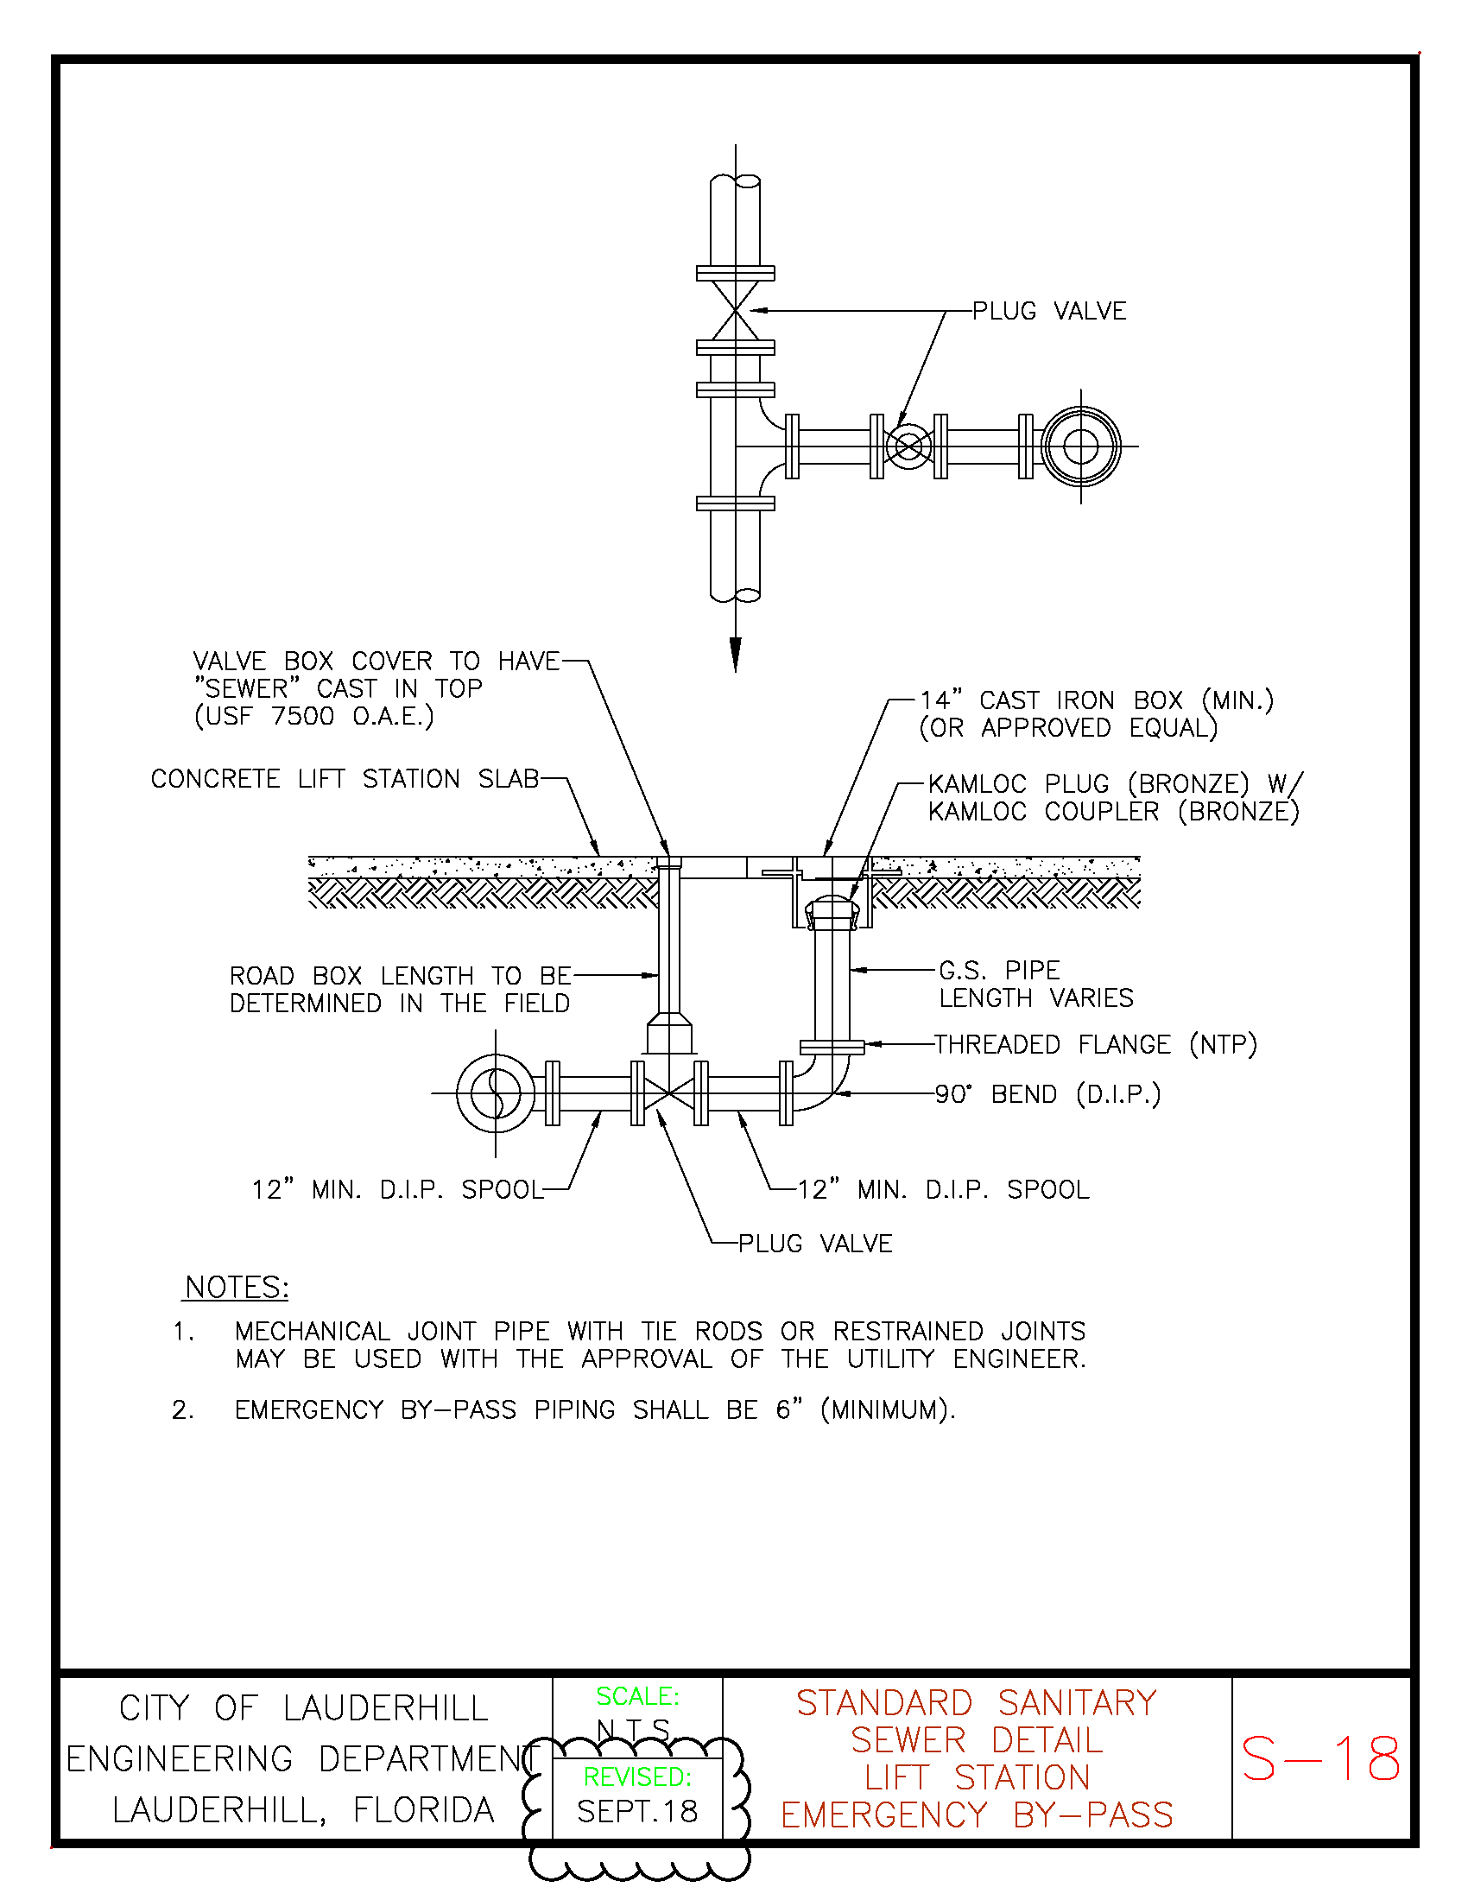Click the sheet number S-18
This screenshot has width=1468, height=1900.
coord(1320,1758)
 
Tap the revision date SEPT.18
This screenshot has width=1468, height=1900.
coord(637,1811)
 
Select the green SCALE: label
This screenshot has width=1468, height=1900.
coord(637,1695)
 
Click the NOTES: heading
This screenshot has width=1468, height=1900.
coord(236,1287)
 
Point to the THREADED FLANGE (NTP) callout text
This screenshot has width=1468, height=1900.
coord(1096,1044)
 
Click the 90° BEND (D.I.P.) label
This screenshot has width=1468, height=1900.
coord(1048,1093)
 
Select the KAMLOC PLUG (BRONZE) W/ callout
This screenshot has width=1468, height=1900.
coord(1116,783)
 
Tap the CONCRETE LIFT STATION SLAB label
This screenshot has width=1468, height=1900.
coord(345,778)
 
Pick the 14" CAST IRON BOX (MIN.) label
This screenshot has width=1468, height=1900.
coord(1097,700)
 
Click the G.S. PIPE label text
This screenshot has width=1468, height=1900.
coord(999,970)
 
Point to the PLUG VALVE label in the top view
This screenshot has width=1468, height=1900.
coord(1049,311)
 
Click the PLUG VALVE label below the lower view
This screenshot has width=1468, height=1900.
coord(815,1243)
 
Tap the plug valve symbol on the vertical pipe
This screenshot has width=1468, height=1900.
coord(736,311)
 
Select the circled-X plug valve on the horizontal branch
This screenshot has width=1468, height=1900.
coord(908,446)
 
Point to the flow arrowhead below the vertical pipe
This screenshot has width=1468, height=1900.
coord(736,655)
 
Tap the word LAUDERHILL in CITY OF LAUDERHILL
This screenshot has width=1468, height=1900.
coord(385,1707)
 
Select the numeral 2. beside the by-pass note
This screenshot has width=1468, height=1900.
coord(181,1409)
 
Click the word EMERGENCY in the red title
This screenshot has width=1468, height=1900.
coord(883,1814)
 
